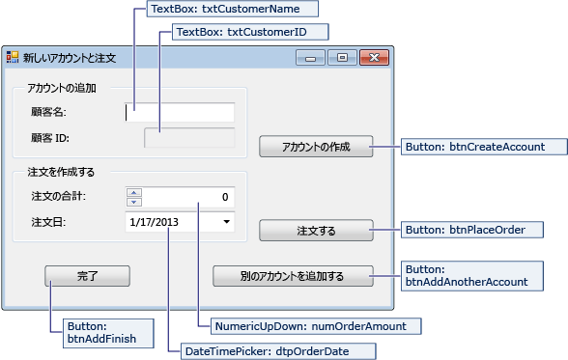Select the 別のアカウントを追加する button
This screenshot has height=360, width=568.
pos(293,276)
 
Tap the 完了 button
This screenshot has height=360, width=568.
pos(87,276)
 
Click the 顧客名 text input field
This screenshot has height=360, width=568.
pos(181,112)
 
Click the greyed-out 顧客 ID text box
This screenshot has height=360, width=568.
pos(189,138)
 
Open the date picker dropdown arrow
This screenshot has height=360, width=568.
pos(226,222)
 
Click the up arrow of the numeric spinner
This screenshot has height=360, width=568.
pos(133,192)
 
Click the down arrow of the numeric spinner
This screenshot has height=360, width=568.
pos(133,202)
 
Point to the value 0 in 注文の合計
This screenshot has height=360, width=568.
pos(224,197)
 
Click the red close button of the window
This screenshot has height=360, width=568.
pos(371,58)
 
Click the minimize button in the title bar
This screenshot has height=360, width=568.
pos(311,58)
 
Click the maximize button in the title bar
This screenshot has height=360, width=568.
pos(341,58)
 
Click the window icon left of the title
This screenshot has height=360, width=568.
pos(13,58)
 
